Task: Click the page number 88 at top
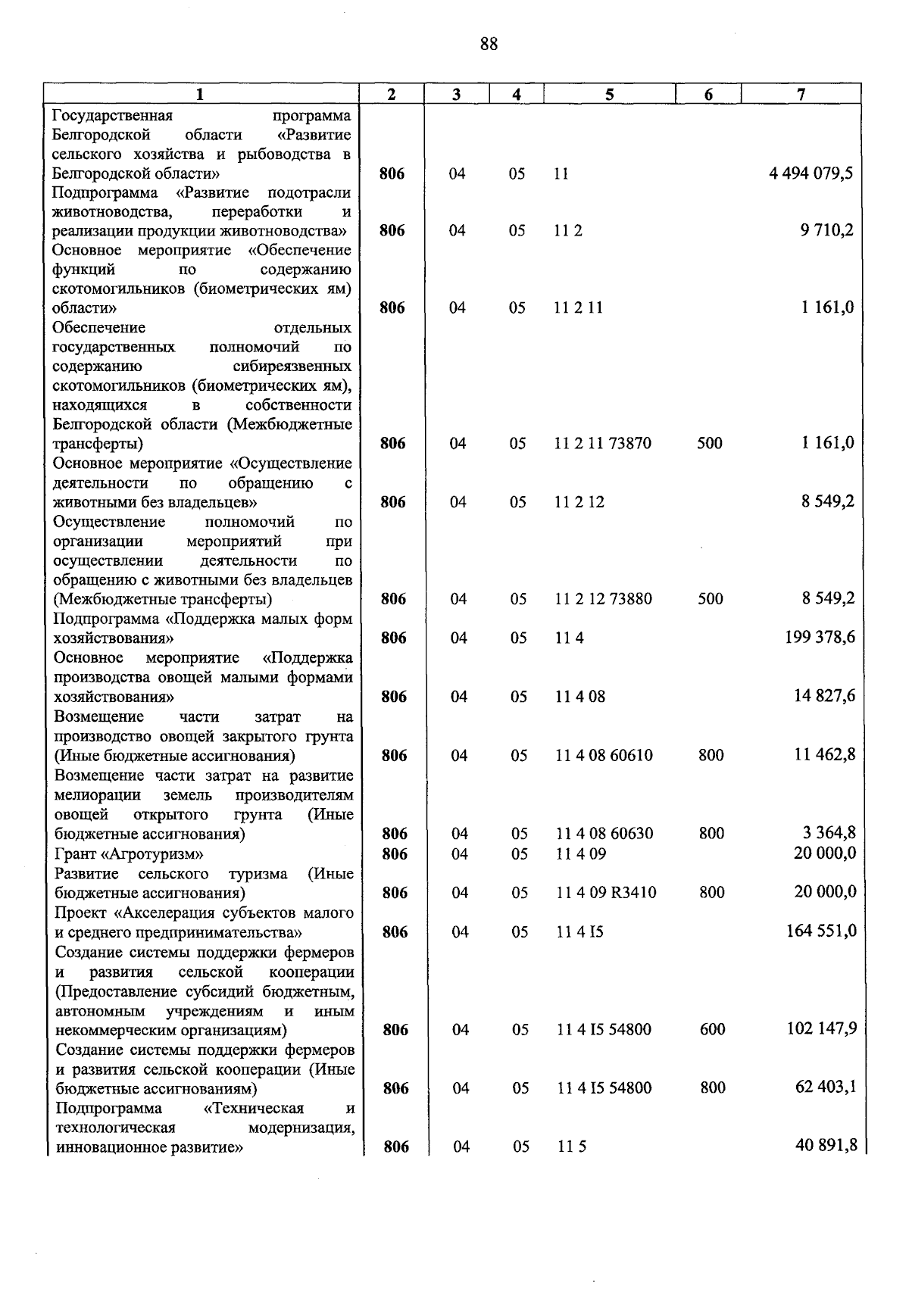(489, 44)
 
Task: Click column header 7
(801, 94)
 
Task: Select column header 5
(609, 94)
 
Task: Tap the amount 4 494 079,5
(811, 173)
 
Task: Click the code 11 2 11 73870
(602, 444)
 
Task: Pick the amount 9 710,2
(826, 230)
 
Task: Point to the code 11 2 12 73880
(603, 599)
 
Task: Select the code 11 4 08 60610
(604, 756)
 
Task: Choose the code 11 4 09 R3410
(605, 893)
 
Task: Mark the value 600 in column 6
(712, 1029)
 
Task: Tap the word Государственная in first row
(113, 116)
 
